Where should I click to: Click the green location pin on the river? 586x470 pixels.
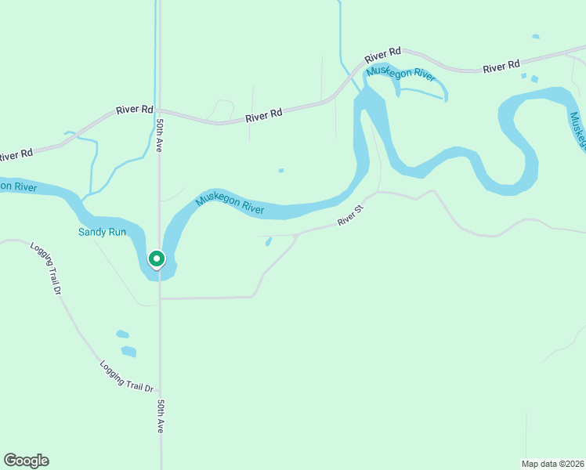point(156,258)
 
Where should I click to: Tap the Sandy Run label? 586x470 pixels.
point(102,232)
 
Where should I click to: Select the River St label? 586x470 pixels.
point(351,216)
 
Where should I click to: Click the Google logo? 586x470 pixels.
point(26,460)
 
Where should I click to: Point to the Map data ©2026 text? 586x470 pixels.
point(552,463)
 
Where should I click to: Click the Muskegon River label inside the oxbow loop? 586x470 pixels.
point(400,74)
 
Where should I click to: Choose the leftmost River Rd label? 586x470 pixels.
point(16,154)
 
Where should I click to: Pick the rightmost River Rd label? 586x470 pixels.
point(501,67)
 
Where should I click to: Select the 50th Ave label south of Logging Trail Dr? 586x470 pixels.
point(159,416)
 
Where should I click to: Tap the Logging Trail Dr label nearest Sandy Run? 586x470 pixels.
point(46,267)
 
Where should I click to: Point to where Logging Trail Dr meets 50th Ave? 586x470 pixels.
point(160,391)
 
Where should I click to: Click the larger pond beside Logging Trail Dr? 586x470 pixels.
point(128,351)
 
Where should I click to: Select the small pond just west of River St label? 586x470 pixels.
point(268,241)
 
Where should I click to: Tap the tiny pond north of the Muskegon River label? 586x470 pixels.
point(280,170)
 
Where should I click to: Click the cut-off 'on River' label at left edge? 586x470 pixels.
point(18,186)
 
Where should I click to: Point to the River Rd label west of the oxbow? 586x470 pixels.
point(263,116)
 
